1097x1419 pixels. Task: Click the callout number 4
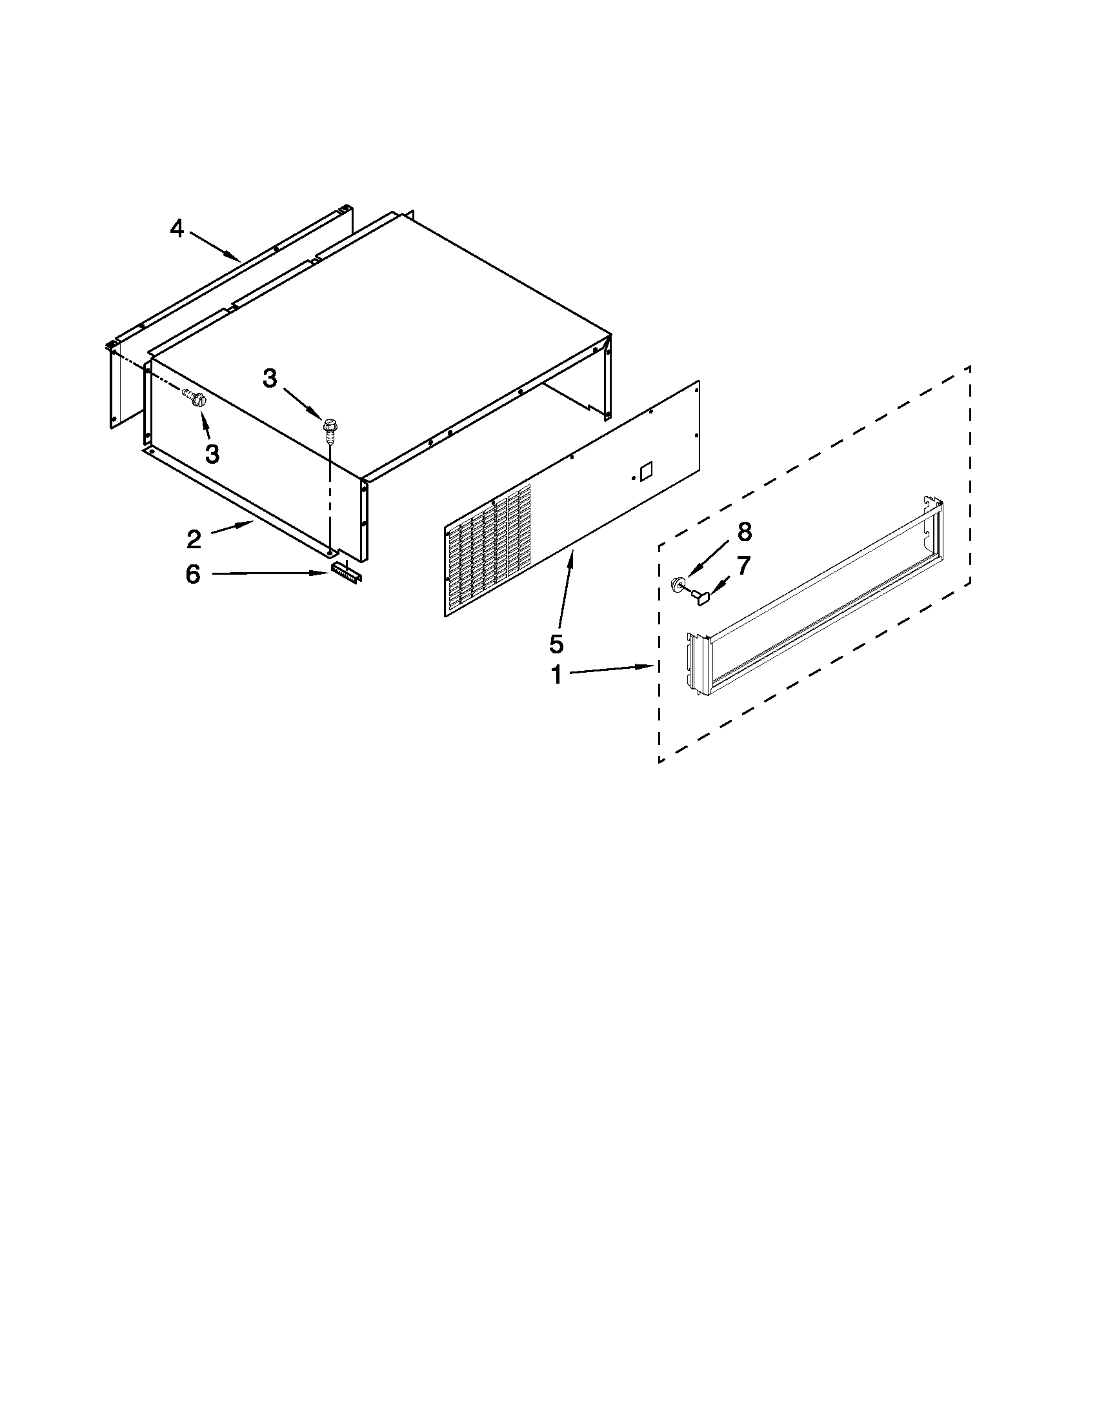click(177, 229)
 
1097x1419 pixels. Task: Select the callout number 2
click(194, 539)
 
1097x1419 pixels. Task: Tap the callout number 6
click(193, 574)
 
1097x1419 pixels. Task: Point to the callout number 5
click(556, 643)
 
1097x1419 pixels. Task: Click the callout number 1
click(556, 675)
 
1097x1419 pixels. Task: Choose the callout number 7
click(743, 565)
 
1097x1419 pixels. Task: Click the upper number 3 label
click(270, 378)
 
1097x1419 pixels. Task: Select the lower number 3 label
click(212, 453)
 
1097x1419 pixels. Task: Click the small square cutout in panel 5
click(646, 471)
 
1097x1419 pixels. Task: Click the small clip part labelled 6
click(346, 570)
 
